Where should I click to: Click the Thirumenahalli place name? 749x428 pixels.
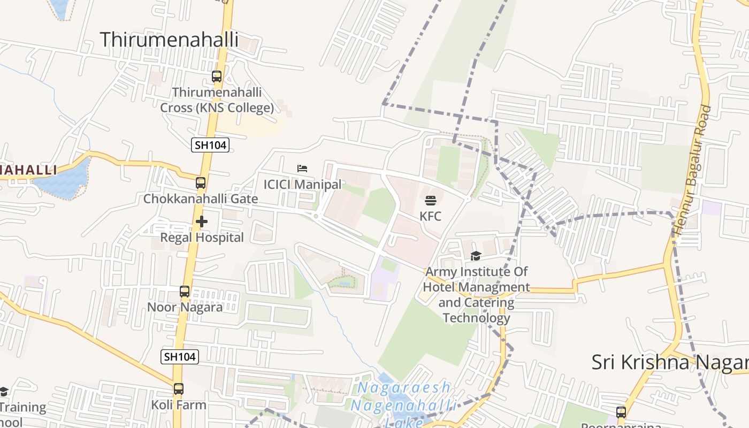click(x=169, y=40)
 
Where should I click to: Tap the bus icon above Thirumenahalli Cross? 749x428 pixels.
click(x=217, y=77)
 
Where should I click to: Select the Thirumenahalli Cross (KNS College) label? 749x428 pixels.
click(x=217, y=100)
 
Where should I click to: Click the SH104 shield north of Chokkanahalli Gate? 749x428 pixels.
click(x=210, y=144)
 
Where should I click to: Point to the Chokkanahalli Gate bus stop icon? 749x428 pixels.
click(x=201, y=183)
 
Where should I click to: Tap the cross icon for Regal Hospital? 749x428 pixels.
click(x=202, y=221)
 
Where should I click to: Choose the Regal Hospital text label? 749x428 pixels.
click(x=202, y=238)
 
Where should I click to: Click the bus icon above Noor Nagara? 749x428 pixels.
click(x=185, y=292)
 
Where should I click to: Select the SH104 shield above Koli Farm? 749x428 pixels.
click(x=180, y=356)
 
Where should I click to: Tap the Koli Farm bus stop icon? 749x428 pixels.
click(x=179, y=389)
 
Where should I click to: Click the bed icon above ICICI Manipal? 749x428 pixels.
click(x=302, y=169)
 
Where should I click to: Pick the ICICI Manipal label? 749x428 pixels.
click(x=302, y=185)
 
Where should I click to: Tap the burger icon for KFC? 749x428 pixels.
click(x=431, y=201)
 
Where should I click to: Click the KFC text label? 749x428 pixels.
click(x=431, y=216)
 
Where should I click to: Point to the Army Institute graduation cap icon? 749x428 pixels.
click(x=476, y=256)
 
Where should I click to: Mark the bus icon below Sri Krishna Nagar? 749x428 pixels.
click(x=621, y=412)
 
